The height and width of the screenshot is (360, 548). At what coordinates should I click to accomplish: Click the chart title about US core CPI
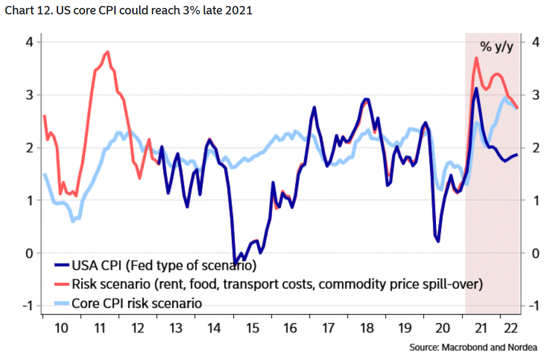128,10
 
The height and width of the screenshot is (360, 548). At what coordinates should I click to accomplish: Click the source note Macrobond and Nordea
473,347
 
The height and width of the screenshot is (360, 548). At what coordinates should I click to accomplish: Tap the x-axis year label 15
253,328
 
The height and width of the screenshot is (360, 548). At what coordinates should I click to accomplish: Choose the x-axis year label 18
366,328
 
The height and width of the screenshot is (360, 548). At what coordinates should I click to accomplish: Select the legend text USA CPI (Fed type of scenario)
164,266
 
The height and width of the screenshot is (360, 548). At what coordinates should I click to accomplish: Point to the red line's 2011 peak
107,52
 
